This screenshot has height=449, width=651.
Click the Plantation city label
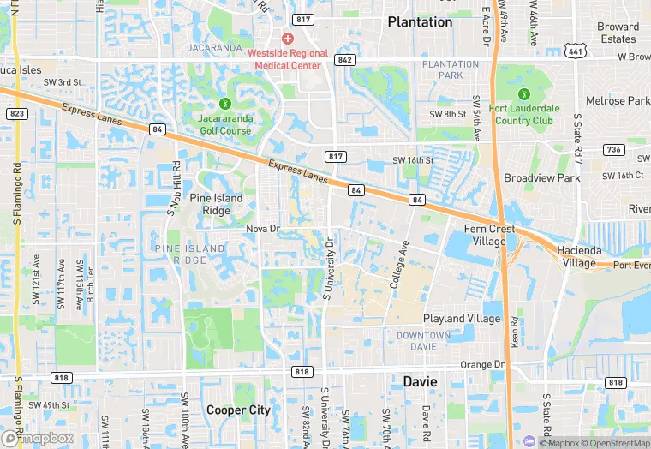(x=420, y=22)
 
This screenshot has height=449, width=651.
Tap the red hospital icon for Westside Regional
(x=287, y=39)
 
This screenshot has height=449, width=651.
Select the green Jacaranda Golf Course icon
(x=226, y=105)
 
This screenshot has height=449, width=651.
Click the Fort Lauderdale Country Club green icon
(x=523, y=94)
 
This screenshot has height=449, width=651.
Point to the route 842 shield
(x=345, y=60)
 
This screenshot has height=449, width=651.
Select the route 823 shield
(x=16, y=114)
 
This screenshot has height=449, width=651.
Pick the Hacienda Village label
(x=579, y=256)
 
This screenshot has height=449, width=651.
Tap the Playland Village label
(x=461, y=319)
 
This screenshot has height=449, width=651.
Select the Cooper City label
(x=238, y=410)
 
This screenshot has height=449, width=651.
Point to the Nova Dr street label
(x=263, y=229)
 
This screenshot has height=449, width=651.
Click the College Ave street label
(x=400, y=264)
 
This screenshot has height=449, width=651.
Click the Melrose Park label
(x=612, y=101)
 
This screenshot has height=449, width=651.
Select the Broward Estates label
(x=618, y=33)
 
